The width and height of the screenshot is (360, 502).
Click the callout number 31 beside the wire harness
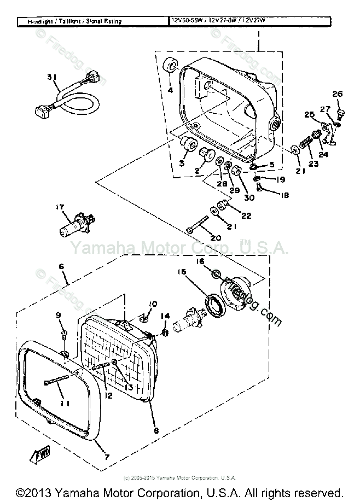tap(51, 77)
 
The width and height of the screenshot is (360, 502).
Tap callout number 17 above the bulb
tap(60, 207)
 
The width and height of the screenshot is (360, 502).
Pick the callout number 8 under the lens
tap(156, 431)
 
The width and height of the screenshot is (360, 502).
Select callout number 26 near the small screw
tap(337, 94)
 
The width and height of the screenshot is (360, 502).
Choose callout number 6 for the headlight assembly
tap(61, 266)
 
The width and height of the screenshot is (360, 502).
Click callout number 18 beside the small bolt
tap(284, 195)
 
